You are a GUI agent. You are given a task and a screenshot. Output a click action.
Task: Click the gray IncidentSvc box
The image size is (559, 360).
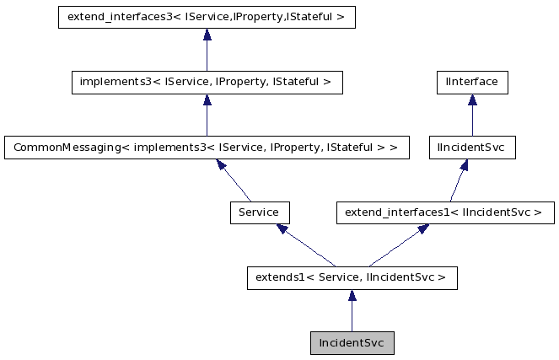352,343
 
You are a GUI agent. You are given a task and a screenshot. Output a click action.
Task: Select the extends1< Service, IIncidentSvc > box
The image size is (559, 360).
352,277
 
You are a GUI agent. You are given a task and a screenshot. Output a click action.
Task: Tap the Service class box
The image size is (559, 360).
260,212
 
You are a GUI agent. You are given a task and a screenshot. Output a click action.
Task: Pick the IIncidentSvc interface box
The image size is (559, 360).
471,148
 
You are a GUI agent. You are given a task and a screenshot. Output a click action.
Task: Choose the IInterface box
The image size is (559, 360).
471,83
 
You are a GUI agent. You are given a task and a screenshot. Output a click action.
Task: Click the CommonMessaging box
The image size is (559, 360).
207,148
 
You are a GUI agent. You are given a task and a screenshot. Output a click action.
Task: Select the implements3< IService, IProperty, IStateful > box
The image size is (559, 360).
207,83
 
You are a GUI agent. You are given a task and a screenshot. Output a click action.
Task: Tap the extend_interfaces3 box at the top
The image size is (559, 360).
207,18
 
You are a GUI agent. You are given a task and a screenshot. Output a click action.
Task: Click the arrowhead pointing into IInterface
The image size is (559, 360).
471,100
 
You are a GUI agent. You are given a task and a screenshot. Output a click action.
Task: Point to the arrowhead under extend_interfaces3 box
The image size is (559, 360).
207,35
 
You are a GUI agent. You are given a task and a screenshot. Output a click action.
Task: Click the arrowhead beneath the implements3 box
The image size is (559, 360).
207,100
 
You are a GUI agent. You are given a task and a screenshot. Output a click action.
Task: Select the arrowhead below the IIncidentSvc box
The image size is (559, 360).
465,165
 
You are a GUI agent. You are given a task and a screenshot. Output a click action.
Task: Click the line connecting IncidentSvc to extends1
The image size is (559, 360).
352,315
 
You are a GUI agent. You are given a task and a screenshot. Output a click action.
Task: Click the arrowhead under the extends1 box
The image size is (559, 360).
352,296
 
